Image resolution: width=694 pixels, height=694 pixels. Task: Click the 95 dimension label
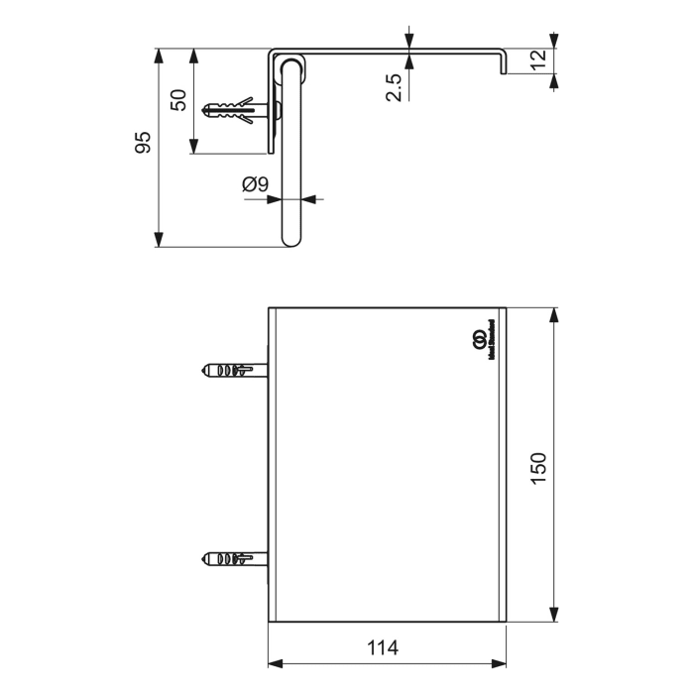(x=143, y=143)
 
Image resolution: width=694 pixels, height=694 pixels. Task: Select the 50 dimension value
(x=178, y=99)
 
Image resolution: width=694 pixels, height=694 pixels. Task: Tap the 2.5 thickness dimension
(x=394, y=86)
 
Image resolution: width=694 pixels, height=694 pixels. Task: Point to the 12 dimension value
(x=537, y=58)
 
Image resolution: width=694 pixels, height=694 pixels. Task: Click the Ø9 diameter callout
(x=255, y=183)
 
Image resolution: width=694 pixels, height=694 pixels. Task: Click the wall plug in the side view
(x=236, y=112)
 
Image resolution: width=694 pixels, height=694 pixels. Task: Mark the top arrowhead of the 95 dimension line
(x=159, y=54)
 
